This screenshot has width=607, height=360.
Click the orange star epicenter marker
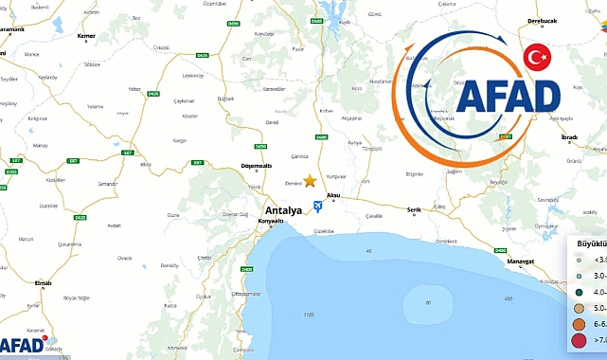coord(310,180)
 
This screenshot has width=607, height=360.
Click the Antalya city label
coord(282,210)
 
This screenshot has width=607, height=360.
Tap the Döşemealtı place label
coord(258,166)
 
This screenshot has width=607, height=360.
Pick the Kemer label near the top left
coord(86,34)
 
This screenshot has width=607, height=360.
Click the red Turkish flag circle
coord(538,58)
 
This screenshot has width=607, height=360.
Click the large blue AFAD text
coord(508,97)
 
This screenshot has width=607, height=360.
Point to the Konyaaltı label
coord(271,221)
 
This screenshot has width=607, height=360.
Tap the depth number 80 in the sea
coord(428,302)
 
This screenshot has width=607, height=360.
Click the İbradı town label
coord(568,136)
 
